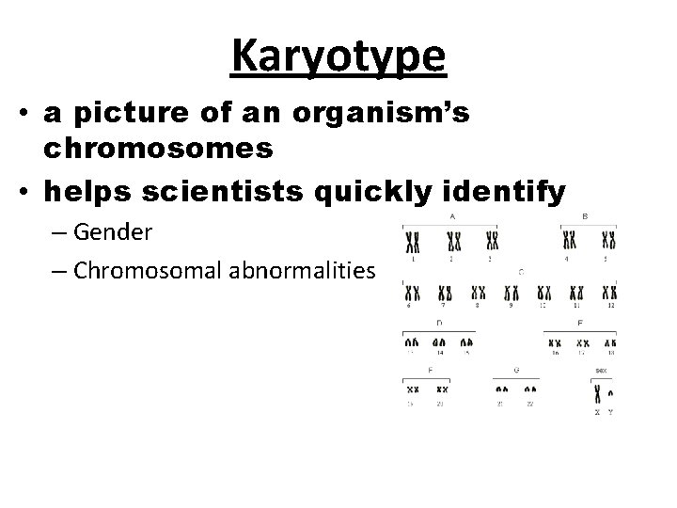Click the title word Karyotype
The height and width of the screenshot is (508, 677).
click(338, 56)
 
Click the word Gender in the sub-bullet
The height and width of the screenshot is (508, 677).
click(113, 230)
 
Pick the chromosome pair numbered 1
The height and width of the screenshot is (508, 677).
click(412, 242)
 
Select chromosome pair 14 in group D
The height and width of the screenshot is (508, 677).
click(438, 344)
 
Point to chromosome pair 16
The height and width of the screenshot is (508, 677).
click(555, 344)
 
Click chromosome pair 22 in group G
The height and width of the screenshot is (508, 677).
click(530, 388)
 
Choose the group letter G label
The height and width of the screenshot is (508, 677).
click(516, 371)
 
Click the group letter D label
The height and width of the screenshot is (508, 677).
click(438, 323)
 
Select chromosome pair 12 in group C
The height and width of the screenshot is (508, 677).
click(611, 293)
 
